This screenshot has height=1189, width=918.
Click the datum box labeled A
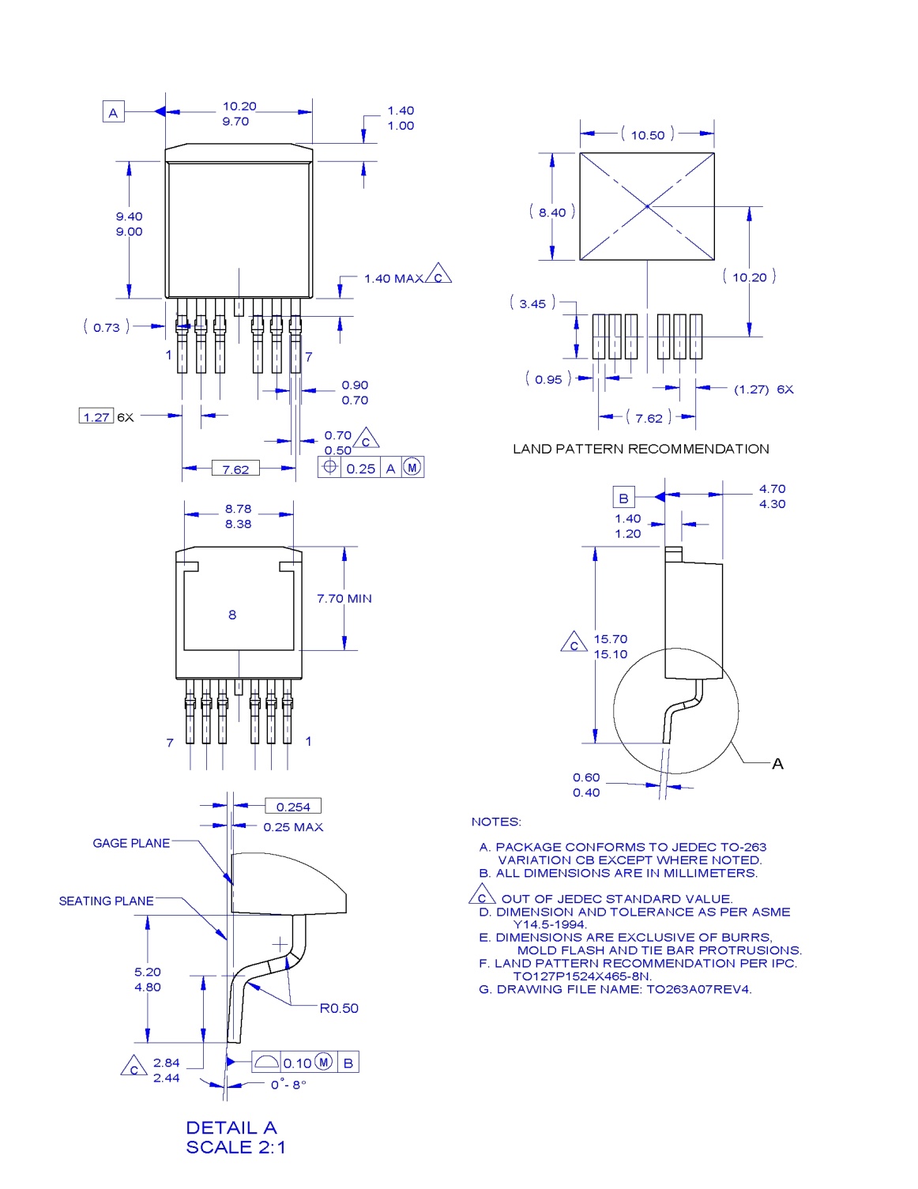[x=114, y=112]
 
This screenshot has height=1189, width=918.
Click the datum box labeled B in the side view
[x=623, y=498]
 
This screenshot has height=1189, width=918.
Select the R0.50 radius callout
[x=339, y=1008]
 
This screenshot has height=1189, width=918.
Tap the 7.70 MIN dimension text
[x=344, y=599]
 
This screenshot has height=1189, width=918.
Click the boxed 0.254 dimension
[x=293, y=807]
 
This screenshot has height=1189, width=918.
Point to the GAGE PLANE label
[x=131, y=843]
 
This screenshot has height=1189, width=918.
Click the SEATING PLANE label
[x=107, y=901]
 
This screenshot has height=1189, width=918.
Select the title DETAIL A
[x=231, y=1127]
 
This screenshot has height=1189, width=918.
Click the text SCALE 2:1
[x=235, y=1147]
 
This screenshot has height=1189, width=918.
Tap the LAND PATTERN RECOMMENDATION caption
[x=641, y=449]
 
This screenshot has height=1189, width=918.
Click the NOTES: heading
[x=496, y=822]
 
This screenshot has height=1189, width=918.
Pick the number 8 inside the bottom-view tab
[x=232, y=615]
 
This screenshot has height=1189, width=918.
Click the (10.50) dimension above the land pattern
[x=648, y=135]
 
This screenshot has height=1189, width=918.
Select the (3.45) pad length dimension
[x=532, y=303]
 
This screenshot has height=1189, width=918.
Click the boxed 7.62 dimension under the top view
[x=235, y=469]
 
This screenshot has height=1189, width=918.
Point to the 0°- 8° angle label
[x=288, y=1085]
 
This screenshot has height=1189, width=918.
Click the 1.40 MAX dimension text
[x=393, y=278]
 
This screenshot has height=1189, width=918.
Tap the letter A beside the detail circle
[x=777, y=764]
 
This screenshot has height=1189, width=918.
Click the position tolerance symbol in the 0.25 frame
[x=330, y=467]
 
